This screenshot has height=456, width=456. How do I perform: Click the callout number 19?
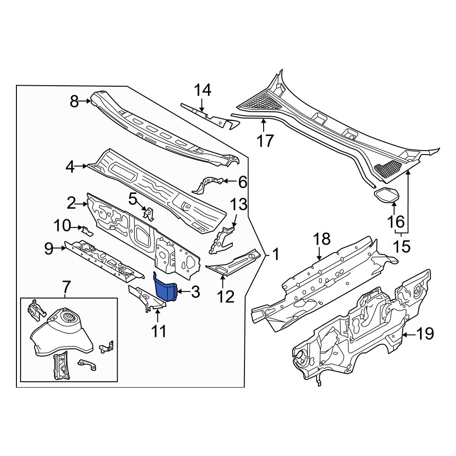(425, 335)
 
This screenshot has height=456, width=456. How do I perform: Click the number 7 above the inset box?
(66, 287)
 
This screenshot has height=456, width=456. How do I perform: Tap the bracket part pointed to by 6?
(209, 184)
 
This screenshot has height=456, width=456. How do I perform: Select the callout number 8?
(74, 102)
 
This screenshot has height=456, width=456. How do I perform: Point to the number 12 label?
(225, 297)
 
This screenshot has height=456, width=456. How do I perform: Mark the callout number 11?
(159, 331)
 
